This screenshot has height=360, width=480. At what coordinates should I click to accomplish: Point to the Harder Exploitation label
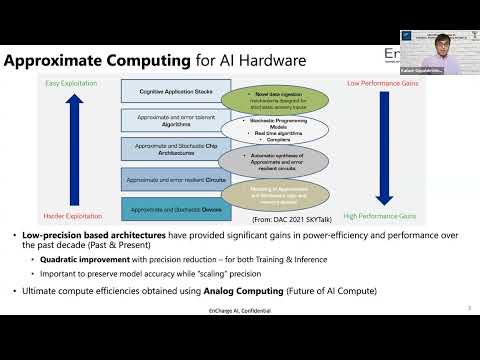tap(69, 216)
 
